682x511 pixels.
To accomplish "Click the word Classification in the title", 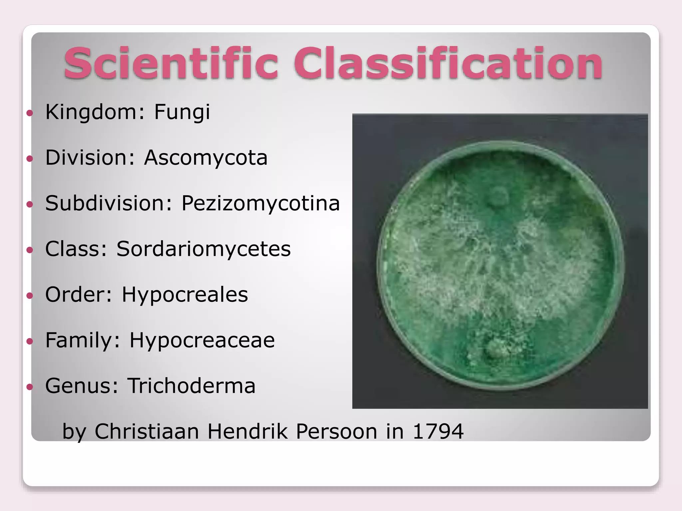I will (x=448, y=63).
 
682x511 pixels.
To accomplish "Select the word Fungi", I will (x=182, y=112).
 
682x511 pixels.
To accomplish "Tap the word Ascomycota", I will (x=206, y=158).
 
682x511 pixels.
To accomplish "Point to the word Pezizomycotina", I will (x=260, y=203).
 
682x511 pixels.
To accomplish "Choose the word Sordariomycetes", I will (x=203, y=249).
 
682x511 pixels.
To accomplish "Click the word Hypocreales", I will (x=185, y=295).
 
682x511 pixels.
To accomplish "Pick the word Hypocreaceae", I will (x=202, y=340).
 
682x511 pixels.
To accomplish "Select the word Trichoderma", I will (x=191, y=386).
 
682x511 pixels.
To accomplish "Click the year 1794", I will (x=438, y=431).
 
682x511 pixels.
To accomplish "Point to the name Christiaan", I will (x=147, y=431).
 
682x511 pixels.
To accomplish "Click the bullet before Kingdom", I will (x=30, y=113).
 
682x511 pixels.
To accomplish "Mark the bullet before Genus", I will (x=30, y=387).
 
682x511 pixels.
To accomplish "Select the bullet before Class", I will (x=30, y=250).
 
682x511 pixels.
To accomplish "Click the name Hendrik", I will (x=248, y=431).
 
